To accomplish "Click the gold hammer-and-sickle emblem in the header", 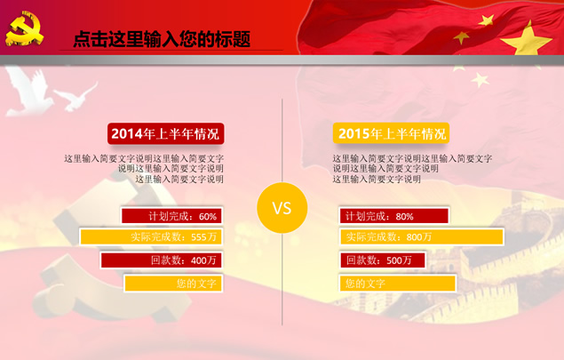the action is point(24,28).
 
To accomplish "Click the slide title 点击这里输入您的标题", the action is point(162,39).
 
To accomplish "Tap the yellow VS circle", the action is point(282,208).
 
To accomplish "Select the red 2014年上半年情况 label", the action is point(165,133).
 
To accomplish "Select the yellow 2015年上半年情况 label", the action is point(391,133).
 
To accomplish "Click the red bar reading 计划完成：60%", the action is point(171,216).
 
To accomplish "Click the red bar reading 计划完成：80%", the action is point(393,216).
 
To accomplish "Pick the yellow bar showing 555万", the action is point(151,236).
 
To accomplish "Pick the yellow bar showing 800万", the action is point(421,236).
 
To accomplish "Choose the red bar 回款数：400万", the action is point(161,260).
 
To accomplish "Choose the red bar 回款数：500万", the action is point(382,260).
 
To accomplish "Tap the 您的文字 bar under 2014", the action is point(173,284).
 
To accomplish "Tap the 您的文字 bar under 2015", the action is point(397,284).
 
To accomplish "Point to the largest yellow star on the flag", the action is point(527,40).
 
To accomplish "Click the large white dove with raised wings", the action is point(28,92).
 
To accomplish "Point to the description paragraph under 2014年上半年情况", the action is point(144,169).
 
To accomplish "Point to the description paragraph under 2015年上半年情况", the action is point(412,169).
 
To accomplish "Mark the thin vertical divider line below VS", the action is point(282,279).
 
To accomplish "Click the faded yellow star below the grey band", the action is point(481,80).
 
